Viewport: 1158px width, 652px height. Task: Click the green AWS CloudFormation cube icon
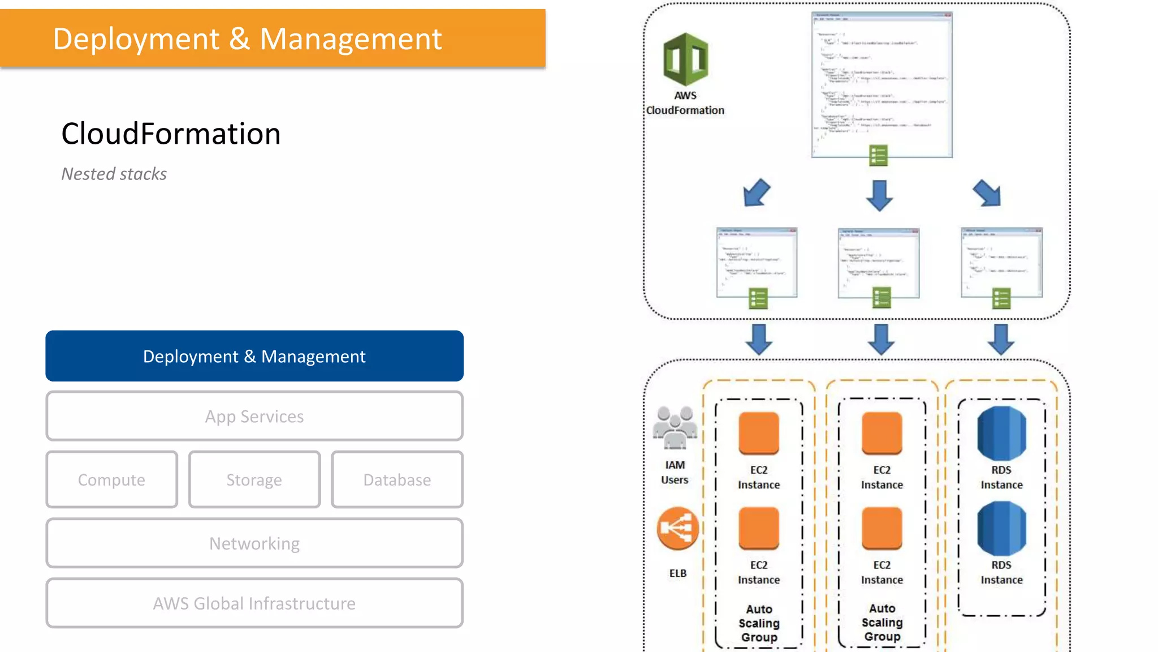(x=685, y=59)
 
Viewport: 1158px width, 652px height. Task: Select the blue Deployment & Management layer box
(x=254, y=356)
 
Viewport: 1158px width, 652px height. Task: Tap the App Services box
(x=254, y=416)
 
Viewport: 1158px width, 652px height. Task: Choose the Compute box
(x=111, y=479)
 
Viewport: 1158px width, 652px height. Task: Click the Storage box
(x=254, y=479)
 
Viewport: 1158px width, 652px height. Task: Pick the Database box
(x=397, y=479)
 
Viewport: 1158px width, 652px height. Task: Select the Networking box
(x=254, y=543)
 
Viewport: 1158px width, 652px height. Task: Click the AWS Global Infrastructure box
(x=254, y=603)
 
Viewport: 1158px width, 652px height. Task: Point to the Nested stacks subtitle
(x=114, y=174)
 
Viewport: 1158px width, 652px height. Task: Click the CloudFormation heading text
(x=171, y=134)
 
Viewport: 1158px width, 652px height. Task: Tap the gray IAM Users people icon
(x=675, y=428)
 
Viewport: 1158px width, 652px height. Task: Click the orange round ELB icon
(x=677, y=529)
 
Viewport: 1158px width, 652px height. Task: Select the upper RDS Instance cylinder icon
(x=1001, y=434)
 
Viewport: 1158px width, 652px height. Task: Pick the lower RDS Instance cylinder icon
(x=1001, y=529)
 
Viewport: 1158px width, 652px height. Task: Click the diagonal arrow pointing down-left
(x=757, y=193)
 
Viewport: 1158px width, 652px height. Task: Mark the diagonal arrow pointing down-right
(x=987, y=193)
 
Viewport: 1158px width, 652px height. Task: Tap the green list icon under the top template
(x=878, y=155)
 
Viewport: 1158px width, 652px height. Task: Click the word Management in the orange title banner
(x=351, y=39)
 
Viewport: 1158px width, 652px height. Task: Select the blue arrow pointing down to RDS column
(x=1001, y=339)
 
